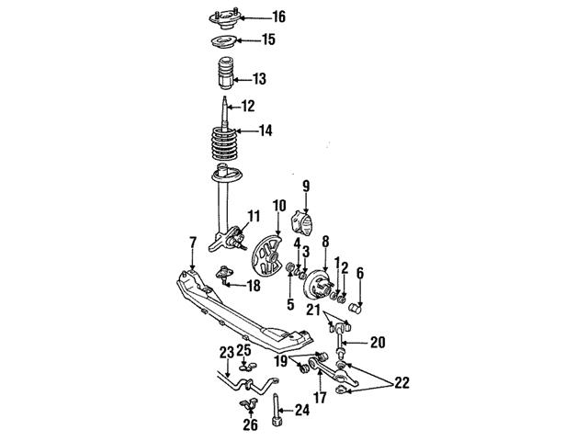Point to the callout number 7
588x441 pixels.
click(192, 242)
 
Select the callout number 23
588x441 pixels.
click(226, 351)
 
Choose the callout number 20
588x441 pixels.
click(377, 343)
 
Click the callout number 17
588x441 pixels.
click(321, 399)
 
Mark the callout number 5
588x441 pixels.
click(290, 304)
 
